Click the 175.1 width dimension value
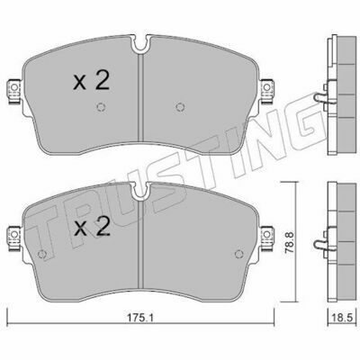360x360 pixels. pos(141,318)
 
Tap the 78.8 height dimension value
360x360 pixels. pos(290,242)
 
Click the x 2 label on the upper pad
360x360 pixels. pos(92,81)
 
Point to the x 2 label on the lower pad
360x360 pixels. pos(92,227)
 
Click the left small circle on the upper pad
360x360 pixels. pos(101,107)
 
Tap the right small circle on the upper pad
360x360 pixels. pos(180,106)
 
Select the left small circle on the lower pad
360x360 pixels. pos(41,254)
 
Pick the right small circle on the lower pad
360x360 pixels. pos(238,254)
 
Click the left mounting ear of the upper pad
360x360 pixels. pos(13,91)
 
